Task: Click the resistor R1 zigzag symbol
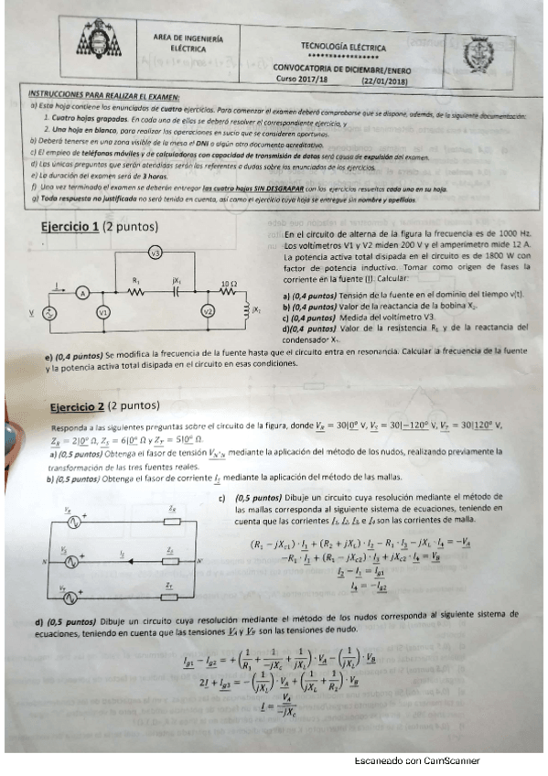[x=136, y=293]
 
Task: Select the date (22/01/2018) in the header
[x=384, y=80]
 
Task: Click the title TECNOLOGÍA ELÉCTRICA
[x=343, y=46]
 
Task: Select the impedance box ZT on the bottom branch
[x=171, y=591]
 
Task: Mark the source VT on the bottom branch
[x=70, y=591]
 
